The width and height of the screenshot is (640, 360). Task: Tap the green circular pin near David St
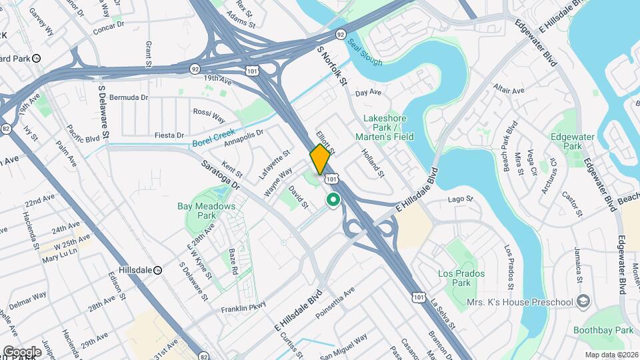click(x=333, y=199)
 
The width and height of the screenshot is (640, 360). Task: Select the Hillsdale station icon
click(x=158, y=270)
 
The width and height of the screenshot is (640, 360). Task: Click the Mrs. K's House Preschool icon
click(x=584, y=302)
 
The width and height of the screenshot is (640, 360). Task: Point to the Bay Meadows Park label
click(x=207, y=211)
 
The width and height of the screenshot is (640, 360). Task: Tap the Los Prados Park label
click(x=461, y=278)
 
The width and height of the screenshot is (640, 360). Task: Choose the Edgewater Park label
click(x=567, y=141)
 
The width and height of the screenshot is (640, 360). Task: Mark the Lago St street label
click(x=460, y=199)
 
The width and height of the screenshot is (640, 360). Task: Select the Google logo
click(x=22, y=351)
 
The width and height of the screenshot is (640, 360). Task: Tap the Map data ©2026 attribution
click(x=612, y=355)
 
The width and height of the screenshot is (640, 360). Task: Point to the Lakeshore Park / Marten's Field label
click(x=389, y=127)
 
